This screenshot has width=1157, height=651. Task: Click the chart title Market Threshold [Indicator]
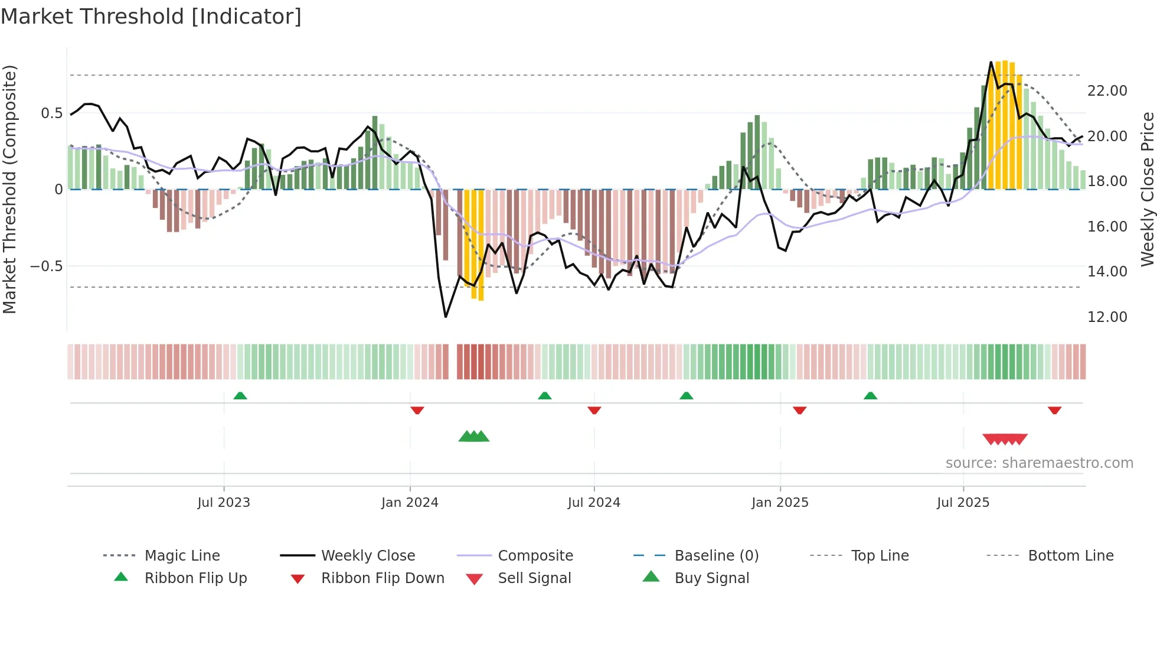coord(151,17)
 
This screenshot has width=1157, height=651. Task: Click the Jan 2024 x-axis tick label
coord(410,503)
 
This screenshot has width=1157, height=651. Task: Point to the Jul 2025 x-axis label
coord(963,503)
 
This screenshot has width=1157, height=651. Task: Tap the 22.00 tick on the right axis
coord(1107,91)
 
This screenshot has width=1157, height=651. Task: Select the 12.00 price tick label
coord(1107,317)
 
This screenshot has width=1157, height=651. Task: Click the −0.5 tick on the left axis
coord(47,266)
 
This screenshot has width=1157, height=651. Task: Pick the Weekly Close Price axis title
coord(1147,189)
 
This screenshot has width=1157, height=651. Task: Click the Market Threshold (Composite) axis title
coord(9,189)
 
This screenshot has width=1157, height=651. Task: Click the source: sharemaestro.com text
coord(1039,463)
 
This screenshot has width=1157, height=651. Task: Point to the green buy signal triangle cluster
coord(474,437)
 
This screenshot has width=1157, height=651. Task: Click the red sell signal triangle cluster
coord(1005,440)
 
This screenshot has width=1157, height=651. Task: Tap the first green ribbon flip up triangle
coord(240,396)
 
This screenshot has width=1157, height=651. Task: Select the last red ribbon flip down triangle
coord(1054,410)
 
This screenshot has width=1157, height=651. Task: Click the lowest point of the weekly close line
coord(446,317)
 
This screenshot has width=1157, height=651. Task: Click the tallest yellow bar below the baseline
coord(481,245)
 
